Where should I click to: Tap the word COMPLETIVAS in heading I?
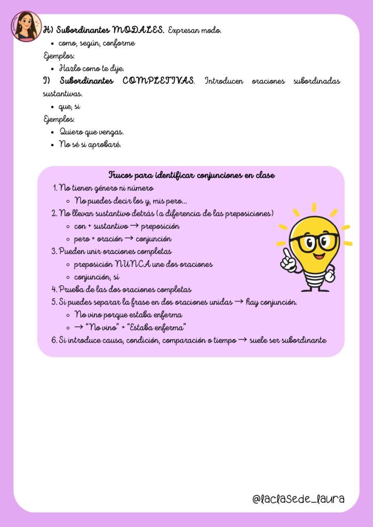(x=159, y=81)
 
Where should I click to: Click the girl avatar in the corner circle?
(x=26, y=26)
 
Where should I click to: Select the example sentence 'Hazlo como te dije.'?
(x=92, y=68)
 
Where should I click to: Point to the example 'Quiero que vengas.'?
(x=91, y=132)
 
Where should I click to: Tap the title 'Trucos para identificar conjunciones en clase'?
(x=191, y=175)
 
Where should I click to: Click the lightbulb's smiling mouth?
(x=318, y=255)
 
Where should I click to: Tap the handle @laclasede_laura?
(x=298, y=499)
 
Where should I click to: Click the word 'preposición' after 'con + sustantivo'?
(x=160, y=226)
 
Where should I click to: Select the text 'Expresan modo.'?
(x=195, y=30)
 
